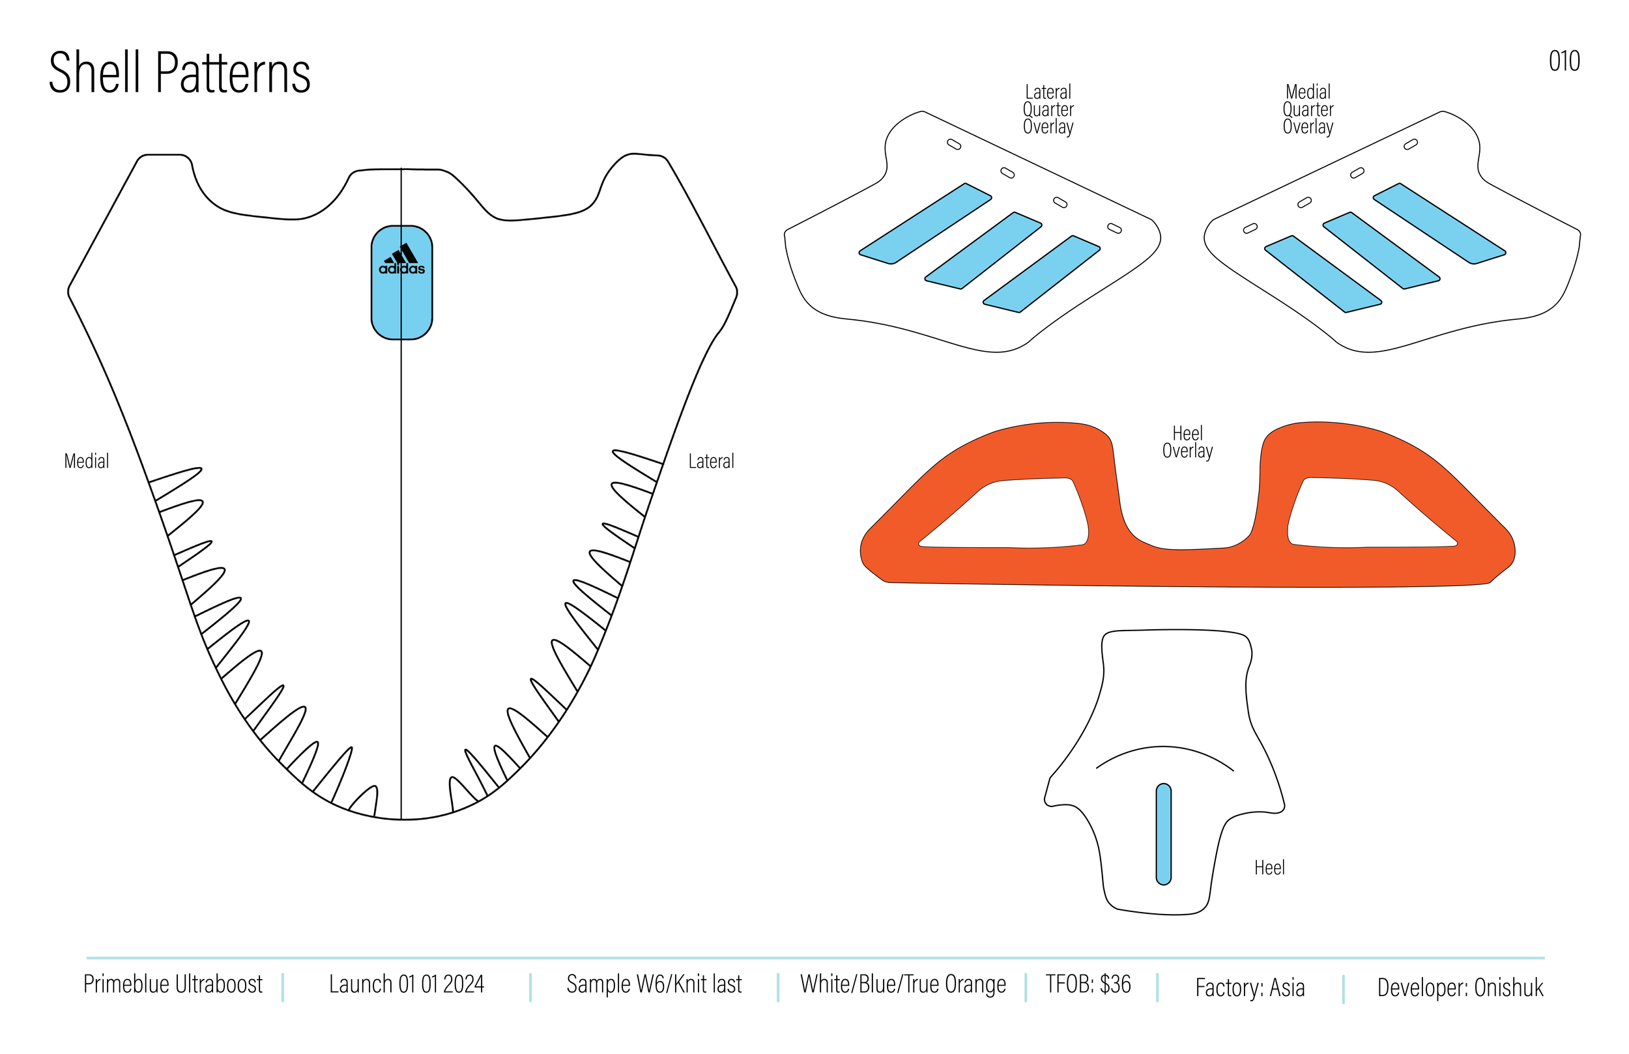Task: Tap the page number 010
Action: pos(1564,62)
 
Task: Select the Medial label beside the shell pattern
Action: pos(86,461)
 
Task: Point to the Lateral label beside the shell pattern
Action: pos(711,461)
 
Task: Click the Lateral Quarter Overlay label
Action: pos(1048,109)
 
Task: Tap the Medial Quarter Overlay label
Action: pos(1308,109)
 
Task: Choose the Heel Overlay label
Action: pos(1187,442)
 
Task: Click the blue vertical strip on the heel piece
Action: pos(1164,834)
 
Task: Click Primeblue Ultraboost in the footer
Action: pos(173,984)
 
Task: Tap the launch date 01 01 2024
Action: pos(407,984)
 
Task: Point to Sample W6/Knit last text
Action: pos(654,984)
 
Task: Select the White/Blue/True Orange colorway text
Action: pos(903,984)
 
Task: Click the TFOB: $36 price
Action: pos(1088,984)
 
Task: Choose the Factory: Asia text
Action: pos(1250,988)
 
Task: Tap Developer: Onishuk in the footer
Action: pos(1460,988)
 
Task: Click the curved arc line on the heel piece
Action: pos(1164,747)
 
